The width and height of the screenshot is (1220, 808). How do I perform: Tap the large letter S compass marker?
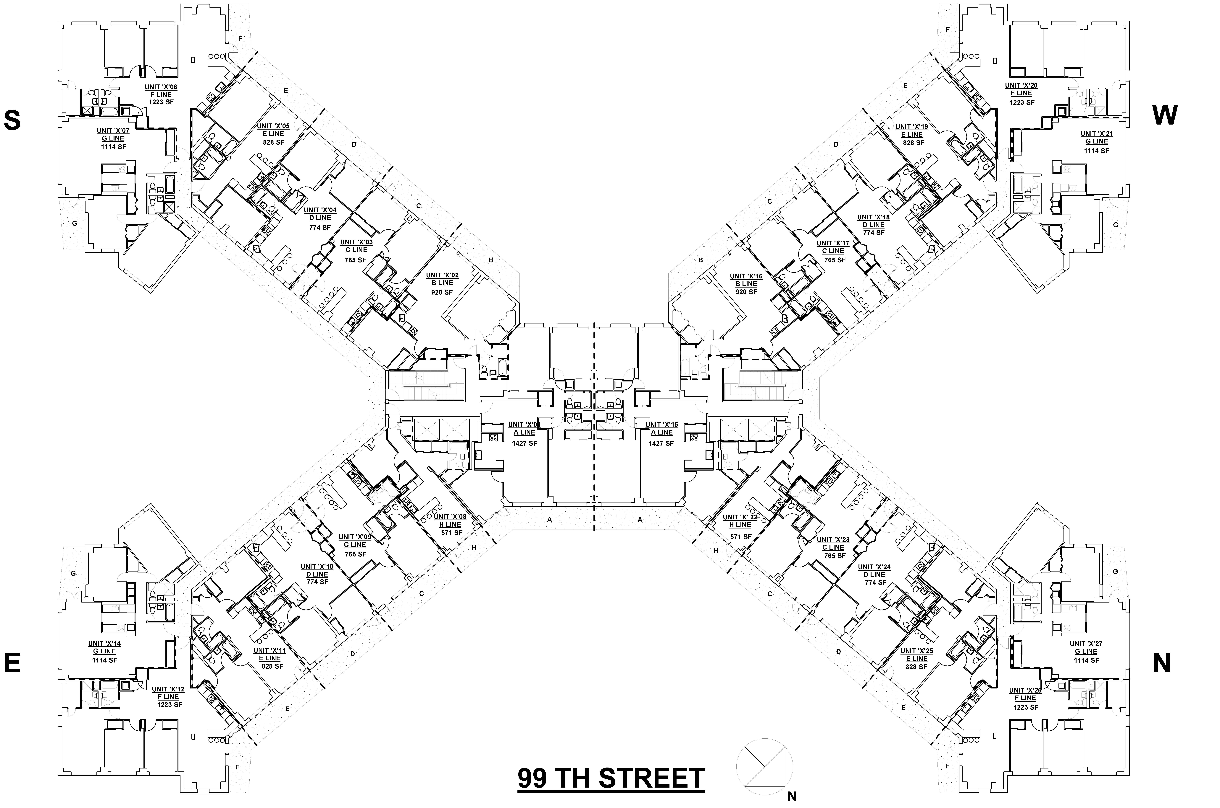12,121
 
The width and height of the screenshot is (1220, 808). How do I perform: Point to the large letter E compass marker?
12,663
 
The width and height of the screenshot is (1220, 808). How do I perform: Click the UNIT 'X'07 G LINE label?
113,135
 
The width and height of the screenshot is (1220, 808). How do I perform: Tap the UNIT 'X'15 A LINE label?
662,428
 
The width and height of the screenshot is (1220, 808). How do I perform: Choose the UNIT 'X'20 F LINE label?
1021,89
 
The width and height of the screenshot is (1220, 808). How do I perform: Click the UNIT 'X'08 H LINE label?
450,520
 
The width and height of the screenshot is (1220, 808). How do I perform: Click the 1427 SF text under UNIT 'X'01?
524,443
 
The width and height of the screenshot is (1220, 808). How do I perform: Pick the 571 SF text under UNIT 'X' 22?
740,536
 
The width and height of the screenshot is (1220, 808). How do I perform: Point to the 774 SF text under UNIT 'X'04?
320,227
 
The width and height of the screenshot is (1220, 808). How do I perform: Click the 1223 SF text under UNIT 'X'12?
170,704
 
